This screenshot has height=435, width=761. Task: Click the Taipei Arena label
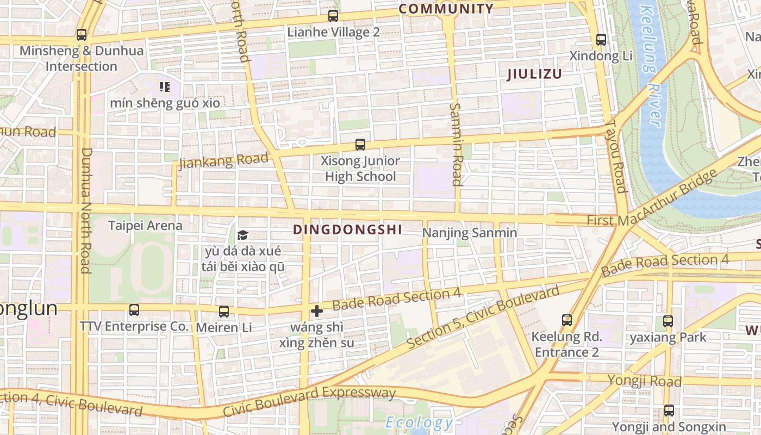(x=145, y=225)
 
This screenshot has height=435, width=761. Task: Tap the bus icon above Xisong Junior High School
(x=360, y=145)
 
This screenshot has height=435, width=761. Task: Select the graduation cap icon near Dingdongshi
(x=242, y=235)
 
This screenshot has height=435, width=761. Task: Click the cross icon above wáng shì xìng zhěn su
(x=316, y=311)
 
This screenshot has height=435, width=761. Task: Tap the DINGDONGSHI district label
(x=348, y=229)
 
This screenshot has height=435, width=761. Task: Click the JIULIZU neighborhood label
(x=534, y=74)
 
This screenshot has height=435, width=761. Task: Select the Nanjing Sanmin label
(x=470, y=233)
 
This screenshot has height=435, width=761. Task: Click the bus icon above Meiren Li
(x=223, y=312)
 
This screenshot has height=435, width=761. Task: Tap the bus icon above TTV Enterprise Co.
(x=134, y=310)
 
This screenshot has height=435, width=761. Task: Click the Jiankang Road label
(x=223, y=161)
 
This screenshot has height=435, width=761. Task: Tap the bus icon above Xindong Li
(x=601, y=40)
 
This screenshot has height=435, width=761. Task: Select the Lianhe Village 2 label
(x=333, y=32)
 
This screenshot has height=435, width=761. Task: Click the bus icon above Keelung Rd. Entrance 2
(x=567, y=320)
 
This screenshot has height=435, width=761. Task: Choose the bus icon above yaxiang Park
(x=668, y=321)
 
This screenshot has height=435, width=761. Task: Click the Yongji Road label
(x=644, y=380)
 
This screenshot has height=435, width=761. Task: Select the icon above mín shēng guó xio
(x=165, y=86)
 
